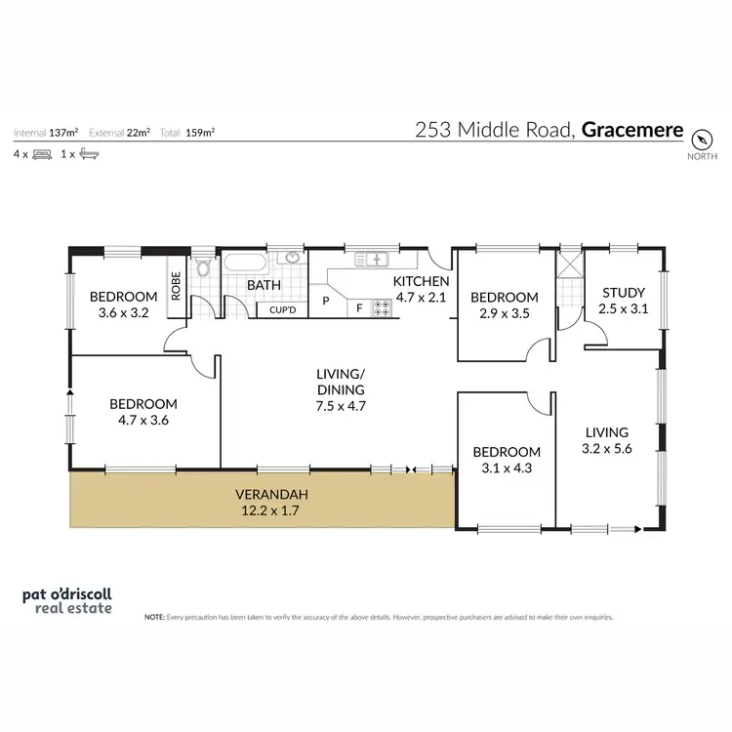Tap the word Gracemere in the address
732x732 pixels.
click(633, 128)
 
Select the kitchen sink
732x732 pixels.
click(373, 260)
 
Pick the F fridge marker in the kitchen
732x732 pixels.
click(360, 308)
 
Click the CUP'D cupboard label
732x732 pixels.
click(283, 310)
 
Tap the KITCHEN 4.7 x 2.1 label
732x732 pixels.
click(421, 289)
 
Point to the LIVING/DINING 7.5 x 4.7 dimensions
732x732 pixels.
click(341, 405)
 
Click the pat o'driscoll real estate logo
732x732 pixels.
click(67, 599)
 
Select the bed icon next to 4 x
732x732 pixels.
click(42, 154)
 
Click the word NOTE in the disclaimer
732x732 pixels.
click(154, 618)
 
